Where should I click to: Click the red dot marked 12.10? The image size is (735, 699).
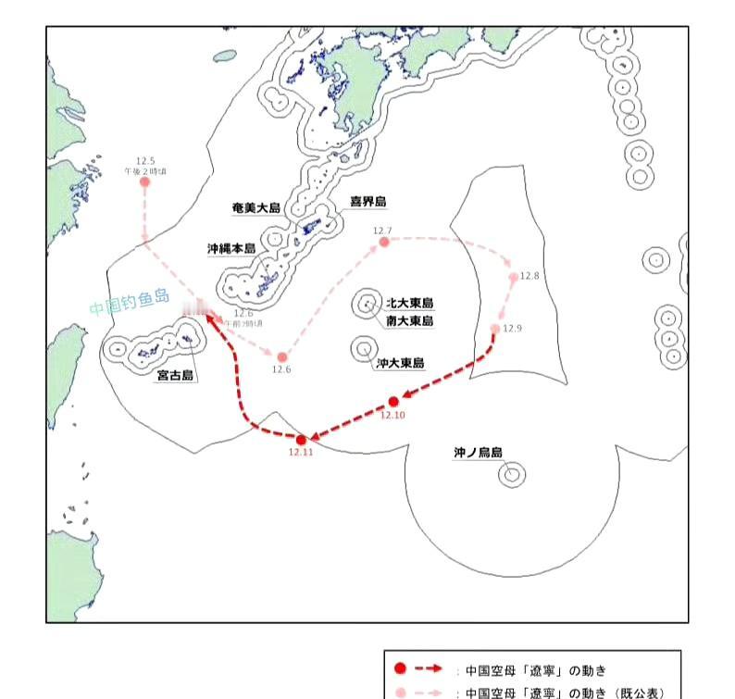(393, 401)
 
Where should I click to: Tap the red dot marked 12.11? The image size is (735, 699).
(301, 440)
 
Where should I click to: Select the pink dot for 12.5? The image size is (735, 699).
(144, 181)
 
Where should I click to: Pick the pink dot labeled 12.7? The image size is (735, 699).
(383, 242)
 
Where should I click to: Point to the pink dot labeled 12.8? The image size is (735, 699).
(514, 277)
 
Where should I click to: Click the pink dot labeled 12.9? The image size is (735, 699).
(495, 329)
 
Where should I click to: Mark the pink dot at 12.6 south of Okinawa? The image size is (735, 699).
(282, 356)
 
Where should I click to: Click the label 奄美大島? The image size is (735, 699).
(256, 208)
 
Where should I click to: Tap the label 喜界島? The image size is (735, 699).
(367, 201)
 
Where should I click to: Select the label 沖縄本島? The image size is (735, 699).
(231, 249)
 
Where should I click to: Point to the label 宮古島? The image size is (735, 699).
(175, 376)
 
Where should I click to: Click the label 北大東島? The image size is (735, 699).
(410, 303)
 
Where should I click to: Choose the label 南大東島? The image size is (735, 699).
(410, 321)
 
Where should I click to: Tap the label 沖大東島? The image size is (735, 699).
(401, 364)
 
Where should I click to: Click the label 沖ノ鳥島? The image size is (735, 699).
(478, 453)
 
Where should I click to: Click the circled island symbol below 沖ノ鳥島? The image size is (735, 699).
(510, 475)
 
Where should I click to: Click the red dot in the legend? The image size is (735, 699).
(399, 668)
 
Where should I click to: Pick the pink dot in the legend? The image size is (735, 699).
(399, 692)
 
